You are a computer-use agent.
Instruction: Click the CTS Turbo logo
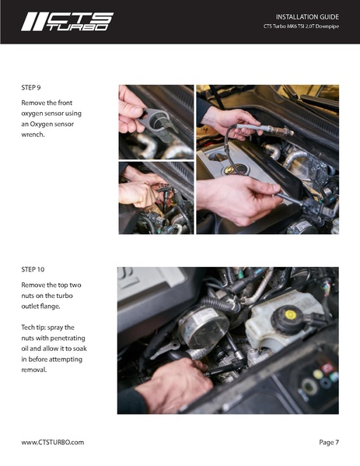point(67,22)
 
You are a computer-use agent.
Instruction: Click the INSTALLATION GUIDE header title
point(307,17)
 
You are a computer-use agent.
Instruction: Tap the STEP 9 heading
point(31,87)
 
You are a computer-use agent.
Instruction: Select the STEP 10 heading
point(33,269)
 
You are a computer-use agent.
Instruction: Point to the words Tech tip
point(32,328)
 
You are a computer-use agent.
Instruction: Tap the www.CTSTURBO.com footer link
point(53,442)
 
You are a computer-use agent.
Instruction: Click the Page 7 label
point(329,442)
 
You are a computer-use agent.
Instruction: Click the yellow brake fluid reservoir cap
point(290,314)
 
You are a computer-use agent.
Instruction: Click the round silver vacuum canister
point(204,326)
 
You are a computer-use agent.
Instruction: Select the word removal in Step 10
point(34,370)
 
